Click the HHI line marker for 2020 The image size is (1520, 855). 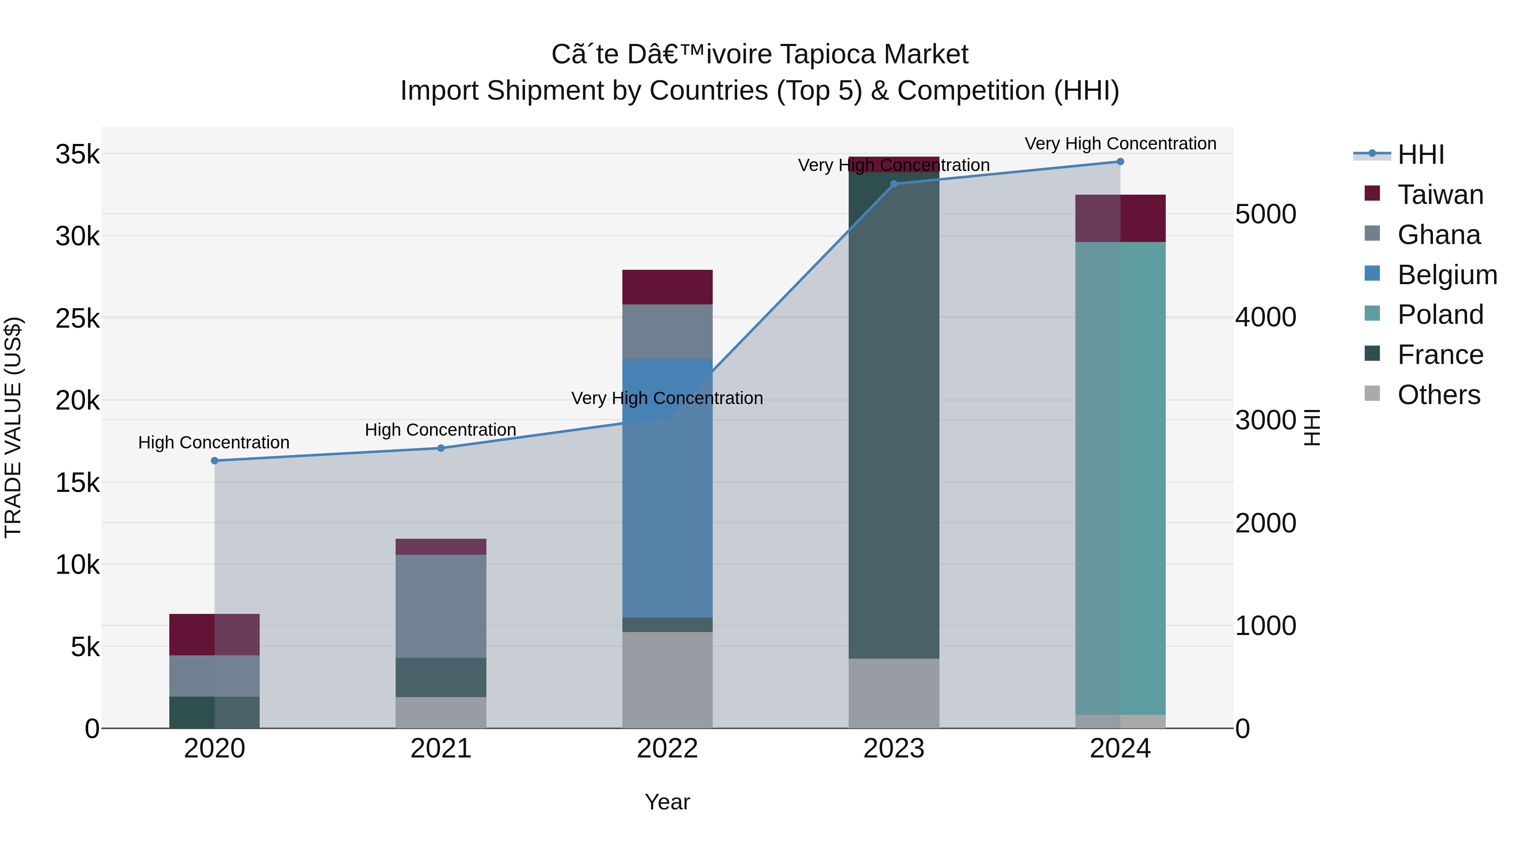click(214, 461)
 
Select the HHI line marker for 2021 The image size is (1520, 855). click(441, 448)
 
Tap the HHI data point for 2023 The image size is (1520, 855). click(893, 184)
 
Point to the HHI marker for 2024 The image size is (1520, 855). click(1120, 162)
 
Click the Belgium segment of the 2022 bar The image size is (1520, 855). click(668, 490)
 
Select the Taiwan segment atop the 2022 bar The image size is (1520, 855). click(668, 288)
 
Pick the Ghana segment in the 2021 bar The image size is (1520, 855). click(441, 606)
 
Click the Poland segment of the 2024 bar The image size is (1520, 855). click(1120, 478)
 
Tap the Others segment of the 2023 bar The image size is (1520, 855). click(893, 693)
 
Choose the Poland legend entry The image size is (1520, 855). click(1440, 315)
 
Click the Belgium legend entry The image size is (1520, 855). click(1447, 275)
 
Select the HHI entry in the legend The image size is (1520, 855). click(1420, 155)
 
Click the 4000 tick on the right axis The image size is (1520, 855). click(1266, 318)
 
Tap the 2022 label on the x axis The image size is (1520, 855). click(668, 749)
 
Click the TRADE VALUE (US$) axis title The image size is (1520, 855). click(13, 427)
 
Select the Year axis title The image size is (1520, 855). click(668, 802)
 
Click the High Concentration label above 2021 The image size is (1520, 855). click(440, 429)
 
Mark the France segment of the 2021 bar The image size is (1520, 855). click(441, 677)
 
